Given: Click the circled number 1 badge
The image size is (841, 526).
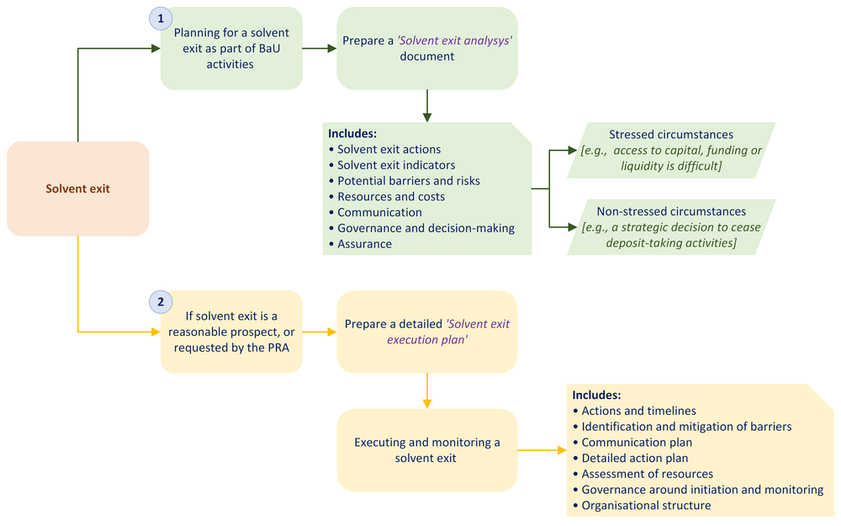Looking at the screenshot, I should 161,19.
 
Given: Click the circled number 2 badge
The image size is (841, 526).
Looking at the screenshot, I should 161,301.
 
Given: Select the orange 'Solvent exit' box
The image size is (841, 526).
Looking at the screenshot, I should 77,189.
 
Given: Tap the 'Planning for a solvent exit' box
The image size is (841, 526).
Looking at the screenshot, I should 231,48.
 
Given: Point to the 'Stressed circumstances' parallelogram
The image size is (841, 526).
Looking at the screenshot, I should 671,150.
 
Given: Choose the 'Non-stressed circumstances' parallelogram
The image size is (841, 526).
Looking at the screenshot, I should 671,227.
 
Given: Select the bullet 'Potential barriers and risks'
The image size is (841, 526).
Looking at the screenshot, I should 409,181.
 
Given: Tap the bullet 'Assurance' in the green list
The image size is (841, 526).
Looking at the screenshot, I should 364,244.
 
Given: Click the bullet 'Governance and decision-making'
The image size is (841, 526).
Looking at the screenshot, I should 426,228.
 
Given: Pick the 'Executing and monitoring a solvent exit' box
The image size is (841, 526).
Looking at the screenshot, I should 426,450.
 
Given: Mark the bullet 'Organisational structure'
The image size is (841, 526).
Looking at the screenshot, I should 646,506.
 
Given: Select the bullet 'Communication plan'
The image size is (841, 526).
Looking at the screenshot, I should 637,443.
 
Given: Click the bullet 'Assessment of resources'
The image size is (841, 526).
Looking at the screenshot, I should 647,474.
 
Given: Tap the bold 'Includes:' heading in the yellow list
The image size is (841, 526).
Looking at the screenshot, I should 596,395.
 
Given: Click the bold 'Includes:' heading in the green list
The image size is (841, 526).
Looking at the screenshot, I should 352,134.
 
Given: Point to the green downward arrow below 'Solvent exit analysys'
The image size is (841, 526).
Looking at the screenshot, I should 427,105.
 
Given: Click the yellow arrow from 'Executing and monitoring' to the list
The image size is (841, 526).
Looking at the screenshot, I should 542,450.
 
